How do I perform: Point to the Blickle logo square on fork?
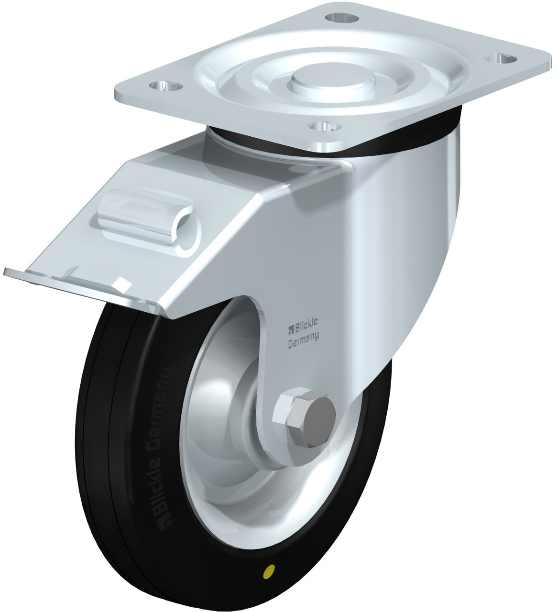point(291,328)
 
